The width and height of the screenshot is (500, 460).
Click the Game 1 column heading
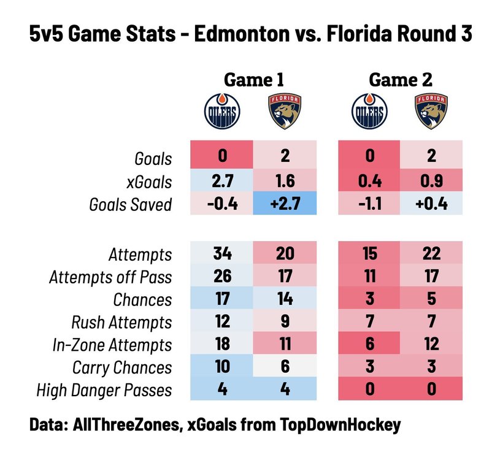pos(253,80)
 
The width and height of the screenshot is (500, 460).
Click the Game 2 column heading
pos(401,80)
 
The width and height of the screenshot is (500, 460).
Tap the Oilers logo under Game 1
pos(222,111)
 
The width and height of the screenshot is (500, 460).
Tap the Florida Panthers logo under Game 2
pos(431,111)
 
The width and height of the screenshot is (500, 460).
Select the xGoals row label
pos(149,182)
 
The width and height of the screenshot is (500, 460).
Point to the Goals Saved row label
pos(131,205)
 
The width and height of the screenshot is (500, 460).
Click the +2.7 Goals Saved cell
pos(285,203)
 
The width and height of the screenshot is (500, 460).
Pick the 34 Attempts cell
pos(222,253)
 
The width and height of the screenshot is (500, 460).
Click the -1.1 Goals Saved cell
pos(369,203)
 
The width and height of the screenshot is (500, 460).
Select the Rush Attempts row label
pos(121,322)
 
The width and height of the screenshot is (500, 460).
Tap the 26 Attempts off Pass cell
pos(222,276)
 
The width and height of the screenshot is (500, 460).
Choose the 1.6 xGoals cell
pos(285,180)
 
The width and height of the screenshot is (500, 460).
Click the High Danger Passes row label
pos(104,390)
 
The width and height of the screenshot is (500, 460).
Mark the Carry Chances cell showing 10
pos(222,366)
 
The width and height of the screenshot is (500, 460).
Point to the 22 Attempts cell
pos(431,253)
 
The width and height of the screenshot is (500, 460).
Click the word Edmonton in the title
pos(242,34)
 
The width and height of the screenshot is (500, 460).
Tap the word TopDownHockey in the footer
pos(340,425)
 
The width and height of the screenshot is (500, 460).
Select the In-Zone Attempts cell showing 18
pos(222,343)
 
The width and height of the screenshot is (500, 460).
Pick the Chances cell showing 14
pos(285,298)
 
